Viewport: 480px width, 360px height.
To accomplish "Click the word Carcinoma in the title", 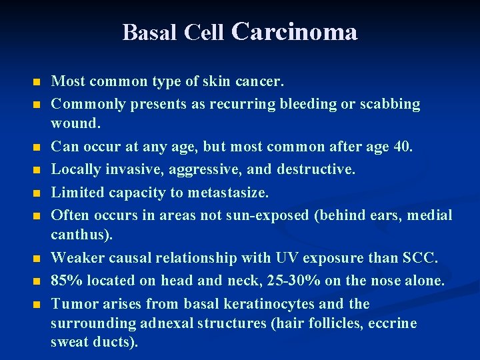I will tap(294, 31).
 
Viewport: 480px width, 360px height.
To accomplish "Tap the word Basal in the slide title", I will tap(144, 32).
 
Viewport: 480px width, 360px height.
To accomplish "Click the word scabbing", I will tap(390, 104).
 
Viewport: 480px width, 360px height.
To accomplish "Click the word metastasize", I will tap(229, 193).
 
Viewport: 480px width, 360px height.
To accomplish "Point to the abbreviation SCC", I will tap(419, 258).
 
